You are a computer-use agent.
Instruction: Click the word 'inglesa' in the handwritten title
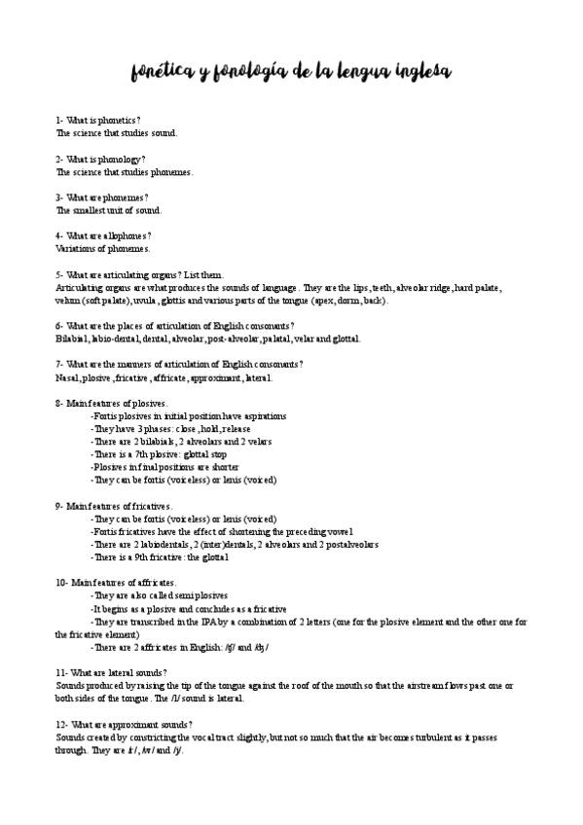413,73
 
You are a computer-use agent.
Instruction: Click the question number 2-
60,159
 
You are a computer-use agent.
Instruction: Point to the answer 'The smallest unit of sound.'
109,210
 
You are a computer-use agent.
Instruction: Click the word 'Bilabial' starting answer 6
73,339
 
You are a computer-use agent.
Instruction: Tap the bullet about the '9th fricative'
160,557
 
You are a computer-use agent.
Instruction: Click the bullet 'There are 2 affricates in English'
179,647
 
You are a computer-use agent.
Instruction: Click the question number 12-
62,725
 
